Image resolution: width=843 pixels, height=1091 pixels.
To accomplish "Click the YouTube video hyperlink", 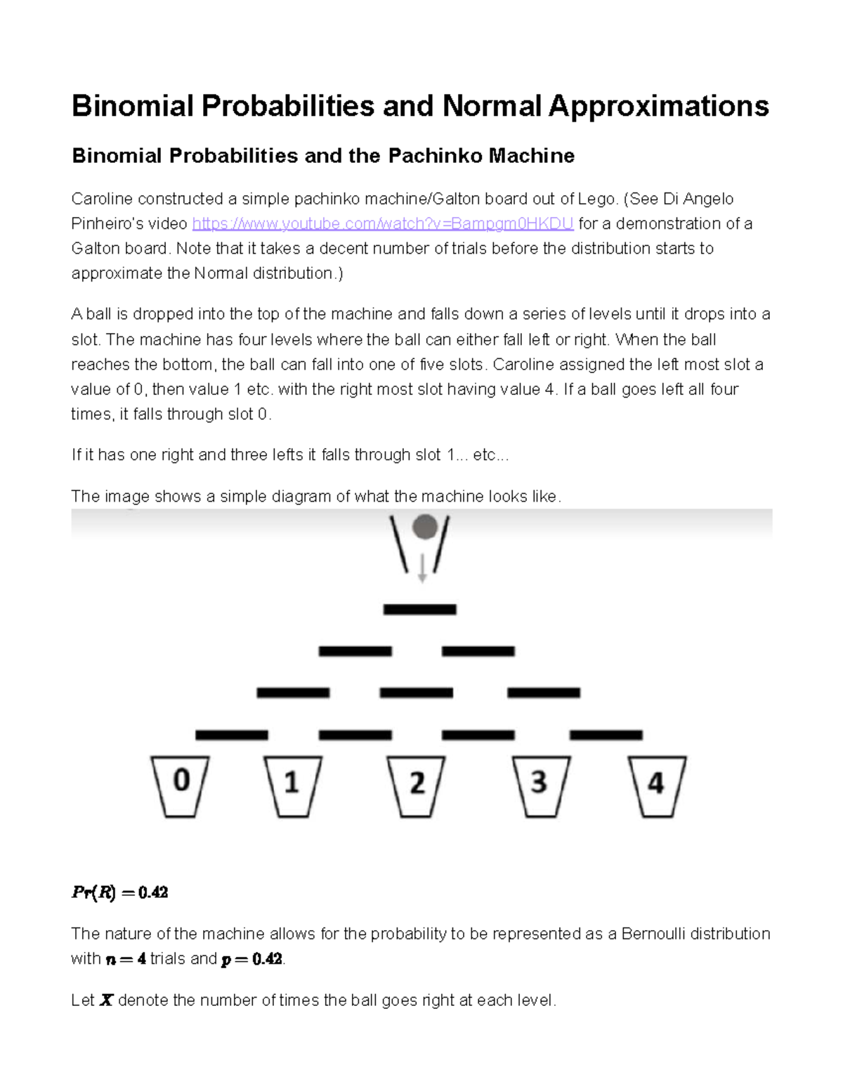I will pyautogui.click(x=383, y=224).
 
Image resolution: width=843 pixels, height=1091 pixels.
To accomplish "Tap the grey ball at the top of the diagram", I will pyautogui.click(x=424, y=527).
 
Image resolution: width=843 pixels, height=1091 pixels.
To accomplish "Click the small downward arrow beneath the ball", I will pyautogui.click(x=422, y=569).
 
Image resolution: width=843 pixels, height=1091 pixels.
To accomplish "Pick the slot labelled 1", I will pyautogui.click(x=292, y=785).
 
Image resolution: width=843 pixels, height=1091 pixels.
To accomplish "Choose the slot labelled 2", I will pyautogui.click(x=417, y=785).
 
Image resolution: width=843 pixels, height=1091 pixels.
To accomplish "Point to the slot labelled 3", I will pyautogui.click(x=539, y=785).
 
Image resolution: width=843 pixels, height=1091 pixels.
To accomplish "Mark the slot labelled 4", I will pyautogui.click(x=656, y=785).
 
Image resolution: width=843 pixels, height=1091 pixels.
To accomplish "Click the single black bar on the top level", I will pyautogui.click(x=419, y=610).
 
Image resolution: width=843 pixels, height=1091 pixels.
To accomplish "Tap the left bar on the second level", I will pyautogui.click(x=355, y=651).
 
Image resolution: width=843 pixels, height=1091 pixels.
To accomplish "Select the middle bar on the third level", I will pyautogui.click(x=416, y=693).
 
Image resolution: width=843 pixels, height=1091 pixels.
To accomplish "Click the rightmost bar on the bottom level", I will pyautogui.click(x=606, y=735).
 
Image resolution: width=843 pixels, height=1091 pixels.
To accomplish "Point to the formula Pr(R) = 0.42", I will pyautogui.click(x=119, y=893).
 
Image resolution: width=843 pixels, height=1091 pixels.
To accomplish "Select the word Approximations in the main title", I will pyautogui.click(x=658, y=106).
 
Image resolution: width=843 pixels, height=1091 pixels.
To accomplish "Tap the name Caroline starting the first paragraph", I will pyautogui.click(x=102, y=200).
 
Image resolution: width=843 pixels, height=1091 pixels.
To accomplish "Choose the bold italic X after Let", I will pyautogui.click(x=106, y=1000).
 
